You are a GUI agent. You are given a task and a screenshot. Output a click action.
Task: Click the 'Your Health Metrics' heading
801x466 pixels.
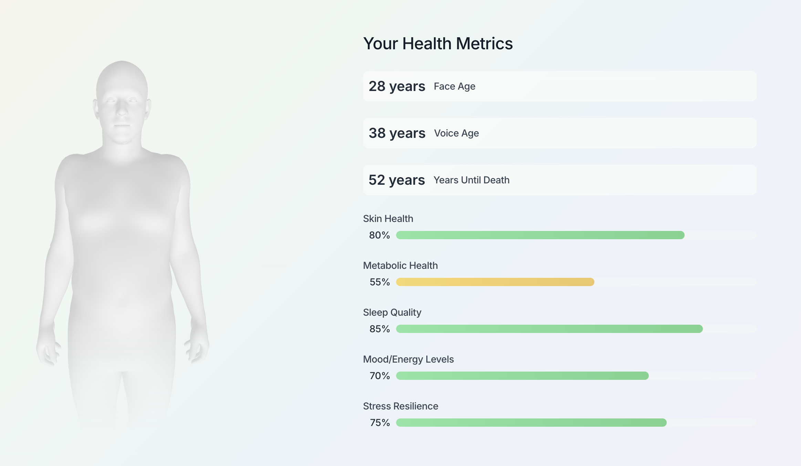[438, 44]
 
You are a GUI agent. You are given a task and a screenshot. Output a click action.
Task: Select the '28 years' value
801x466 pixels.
[397, 86]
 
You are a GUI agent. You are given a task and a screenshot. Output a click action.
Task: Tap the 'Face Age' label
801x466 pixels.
[454, 86]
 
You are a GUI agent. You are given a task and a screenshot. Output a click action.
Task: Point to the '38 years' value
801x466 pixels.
[397, 133]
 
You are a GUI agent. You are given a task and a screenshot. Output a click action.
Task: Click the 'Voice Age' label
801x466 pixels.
[456, 133]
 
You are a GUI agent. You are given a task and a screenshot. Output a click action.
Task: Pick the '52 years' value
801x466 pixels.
[396, 180]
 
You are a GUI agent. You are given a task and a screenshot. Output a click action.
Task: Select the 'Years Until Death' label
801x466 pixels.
[471, 180]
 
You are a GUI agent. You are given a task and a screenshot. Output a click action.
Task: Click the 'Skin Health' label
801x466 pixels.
[388, 219]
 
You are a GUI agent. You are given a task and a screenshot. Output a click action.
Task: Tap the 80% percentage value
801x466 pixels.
[379, 235]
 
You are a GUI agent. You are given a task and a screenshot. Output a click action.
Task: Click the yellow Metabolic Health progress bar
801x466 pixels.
[495, 282]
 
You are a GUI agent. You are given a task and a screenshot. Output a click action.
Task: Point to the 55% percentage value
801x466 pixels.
[379, 282]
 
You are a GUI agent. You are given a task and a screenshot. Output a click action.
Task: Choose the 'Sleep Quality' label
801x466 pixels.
[392, 312]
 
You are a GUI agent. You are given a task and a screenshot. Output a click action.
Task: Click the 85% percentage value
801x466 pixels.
[379, 329]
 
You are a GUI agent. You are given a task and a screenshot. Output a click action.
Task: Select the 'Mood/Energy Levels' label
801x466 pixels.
[408, 359]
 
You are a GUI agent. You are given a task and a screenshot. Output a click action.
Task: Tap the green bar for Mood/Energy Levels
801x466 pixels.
[522, 376]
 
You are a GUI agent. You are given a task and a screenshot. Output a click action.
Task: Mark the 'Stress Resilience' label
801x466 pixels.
[400, 406]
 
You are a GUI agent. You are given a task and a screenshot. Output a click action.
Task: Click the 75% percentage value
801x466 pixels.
[379, 423]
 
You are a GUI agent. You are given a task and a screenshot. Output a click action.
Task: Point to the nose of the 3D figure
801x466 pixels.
[122, 110]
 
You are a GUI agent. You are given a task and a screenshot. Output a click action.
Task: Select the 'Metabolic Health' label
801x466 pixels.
[400, 265]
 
